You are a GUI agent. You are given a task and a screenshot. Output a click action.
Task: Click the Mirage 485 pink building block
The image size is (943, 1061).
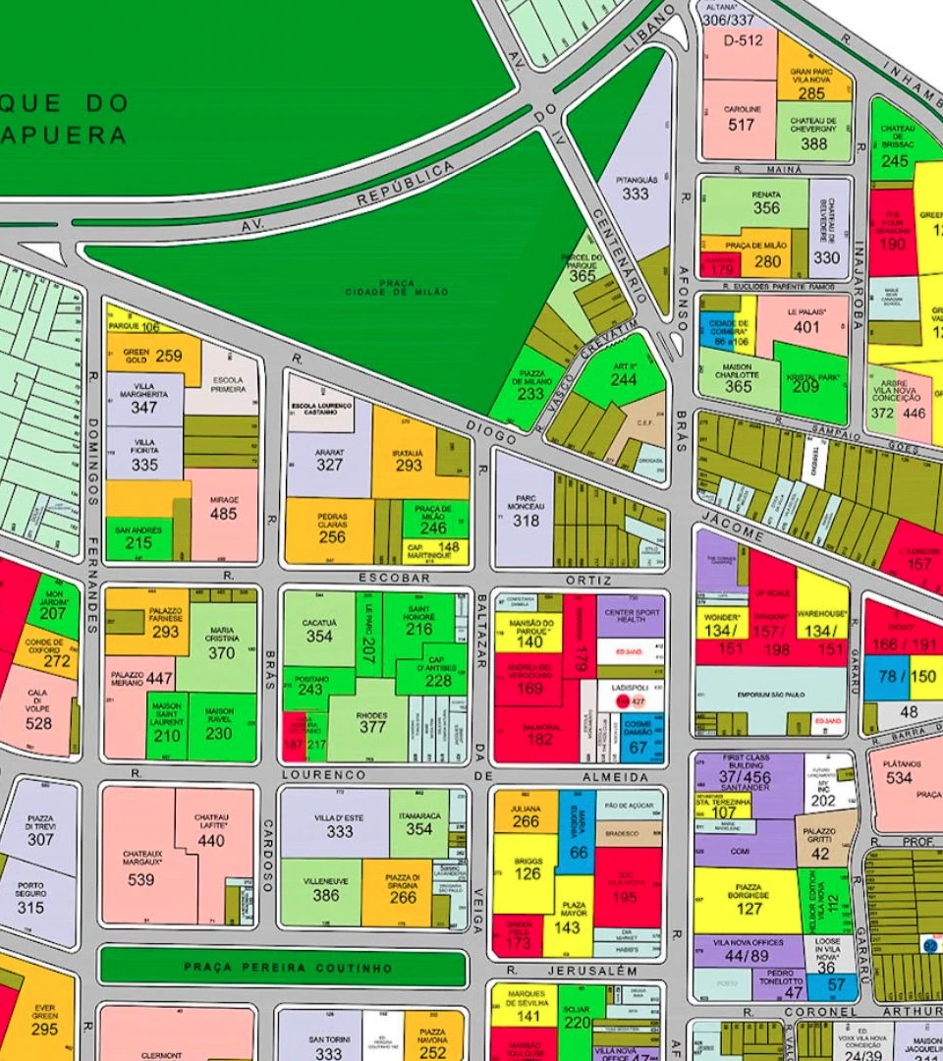point(223,512)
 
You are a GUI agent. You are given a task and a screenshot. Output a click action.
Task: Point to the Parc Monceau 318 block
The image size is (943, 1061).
point(525,509)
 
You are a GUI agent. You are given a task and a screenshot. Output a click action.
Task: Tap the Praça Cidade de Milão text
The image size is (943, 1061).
point(397,288)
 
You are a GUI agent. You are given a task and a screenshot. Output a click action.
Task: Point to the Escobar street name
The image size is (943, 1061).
point(395,579)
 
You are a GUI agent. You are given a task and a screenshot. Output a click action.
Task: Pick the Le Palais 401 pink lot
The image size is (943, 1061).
point(805,322)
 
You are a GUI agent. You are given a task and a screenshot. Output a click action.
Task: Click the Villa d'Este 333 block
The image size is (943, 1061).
point(339,823)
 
